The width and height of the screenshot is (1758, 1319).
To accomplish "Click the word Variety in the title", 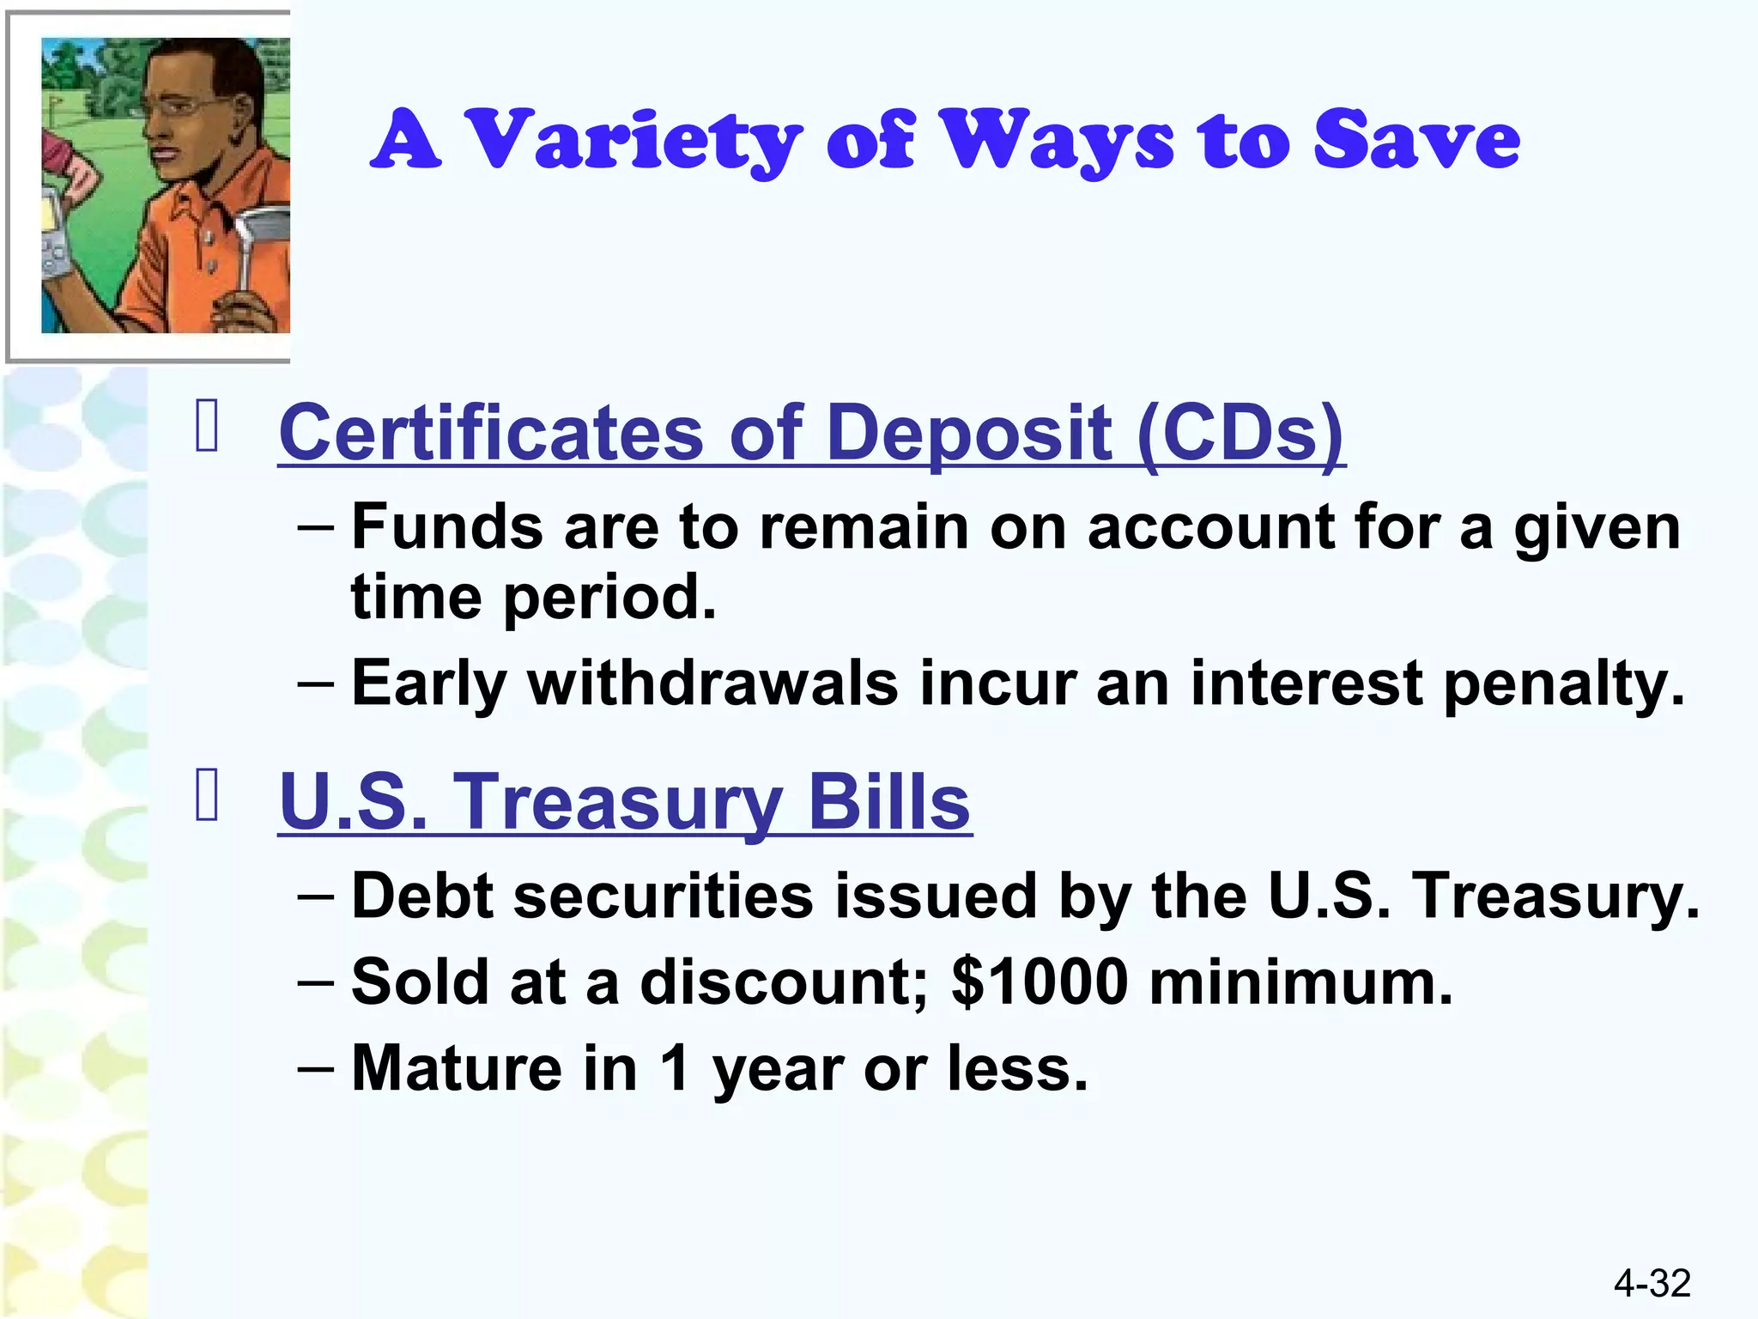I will pos(637,140).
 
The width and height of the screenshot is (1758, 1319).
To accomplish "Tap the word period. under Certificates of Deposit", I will pos(609,599).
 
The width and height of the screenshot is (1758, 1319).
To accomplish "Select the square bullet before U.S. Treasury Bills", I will pos(207,795).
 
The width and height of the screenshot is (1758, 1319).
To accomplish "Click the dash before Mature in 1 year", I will pos(315,1069).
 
